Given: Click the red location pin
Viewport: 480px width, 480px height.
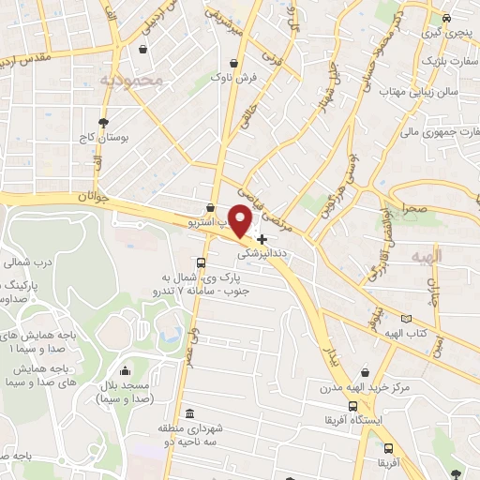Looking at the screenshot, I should coord(241,219).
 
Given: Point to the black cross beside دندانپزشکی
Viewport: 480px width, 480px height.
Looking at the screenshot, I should coord(262,239).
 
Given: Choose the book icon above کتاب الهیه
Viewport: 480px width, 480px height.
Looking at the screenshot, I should coord(405,319).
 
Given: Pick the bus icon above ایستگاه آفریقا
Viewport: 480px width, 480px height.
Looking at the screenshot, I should coord(352,407).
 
